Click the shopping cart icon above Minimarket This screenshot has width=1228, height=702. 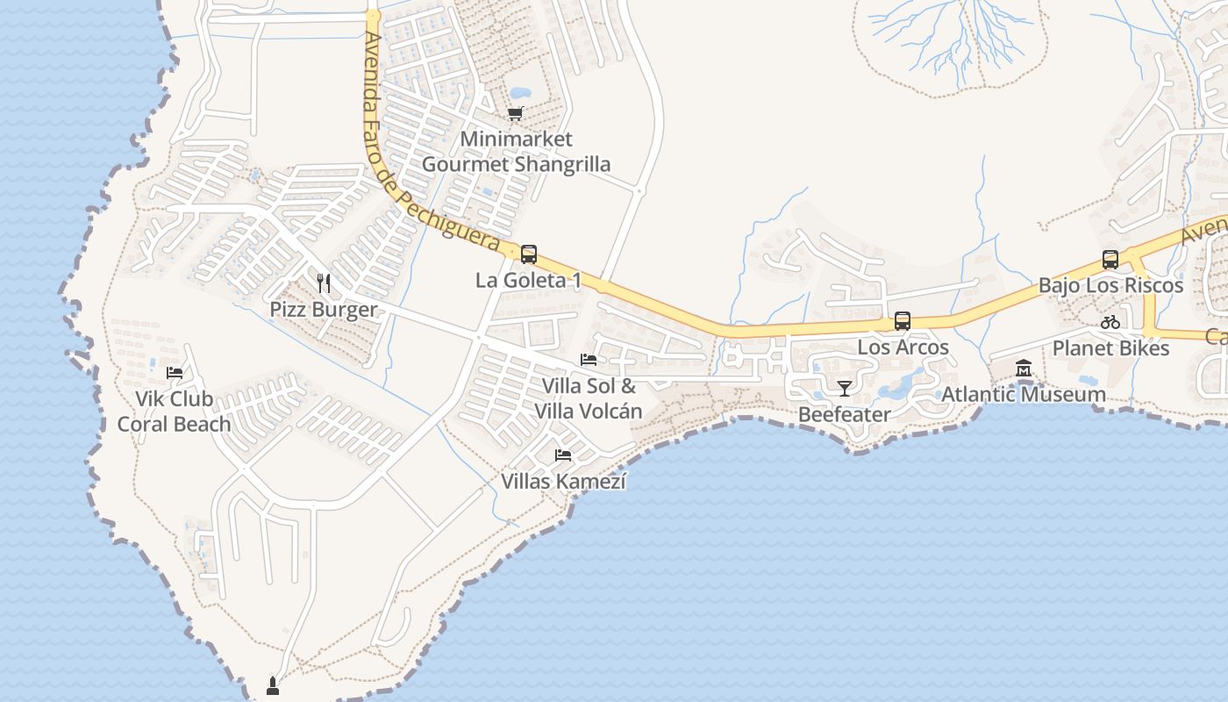[516, 113]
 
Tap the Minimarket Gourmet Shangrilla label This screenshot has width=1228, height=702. [516, 152]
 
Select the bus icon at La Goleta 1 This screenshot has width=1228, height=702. [528, 254]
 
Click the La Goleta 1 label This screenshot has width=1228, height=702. [528, 281]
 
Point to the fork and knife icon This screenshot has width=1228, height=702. [324, 283]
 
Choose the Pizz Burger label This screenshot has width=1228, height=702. [323, 310]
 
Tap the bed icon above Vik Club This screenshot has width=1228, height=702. [175, 373]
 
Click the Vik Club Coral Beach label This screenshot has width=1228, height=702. [174, 412]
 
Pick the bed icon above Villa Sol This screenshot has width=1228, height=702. [589, 360]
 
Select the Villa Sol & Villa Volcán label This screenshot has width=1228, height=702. [589, 398]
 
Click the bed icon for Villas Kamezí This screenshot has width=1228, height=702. [563, 455]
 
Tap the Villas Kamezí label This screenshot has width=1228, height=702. [563, 482]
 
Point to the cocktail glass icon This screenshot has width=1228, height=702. [845, 388]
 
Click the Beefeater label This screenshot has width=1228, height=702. [844, 414]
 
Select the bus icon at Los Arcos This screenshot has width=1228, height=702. [903, 321]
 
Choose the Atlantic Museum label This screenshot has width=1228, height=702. [1023, 395]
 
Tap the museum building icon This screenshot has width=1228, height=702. [1024, 369]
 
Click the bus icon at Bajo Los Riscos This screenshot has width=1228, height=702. [1110, 260]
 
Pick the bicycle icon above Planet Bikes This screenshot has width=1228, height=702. [1110, 322]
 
